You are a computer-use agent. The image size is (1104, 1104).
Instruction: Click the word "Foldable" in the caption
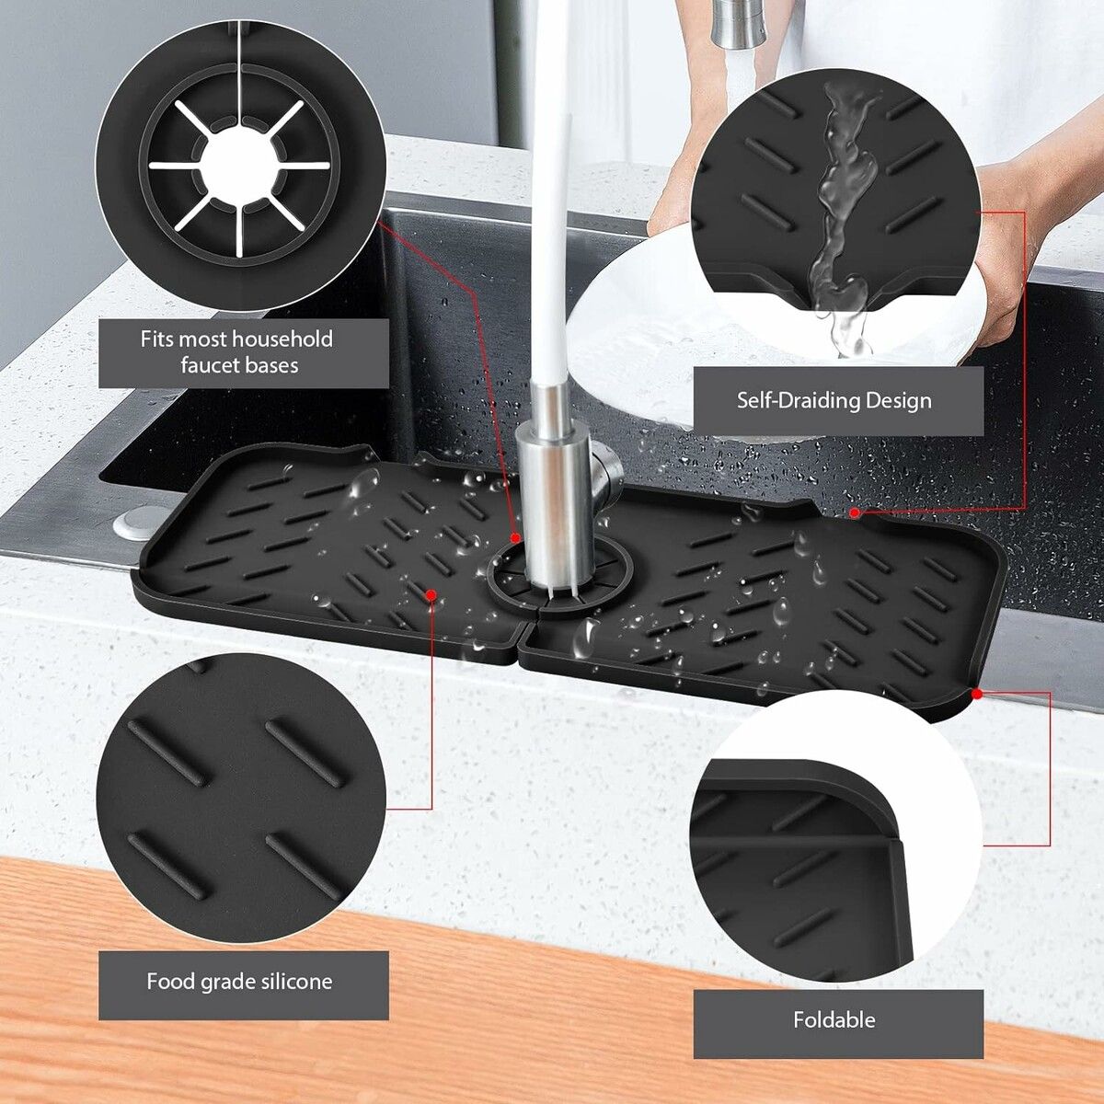pos(834,1019)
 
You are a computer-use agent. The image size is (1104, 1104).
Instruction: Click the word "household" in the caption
pos(282,339)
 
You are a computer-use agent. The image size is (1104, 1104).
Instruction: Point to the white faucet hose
pos(550,230)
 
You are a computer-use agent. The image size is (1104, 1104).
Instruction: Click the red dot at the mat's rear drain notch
pos(854,512)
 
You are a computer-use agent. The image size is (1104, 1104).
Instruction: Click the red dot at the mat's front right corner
pos(976,693)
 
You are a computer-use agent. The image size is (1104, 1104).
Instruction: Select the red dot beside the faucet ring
pos(515,536)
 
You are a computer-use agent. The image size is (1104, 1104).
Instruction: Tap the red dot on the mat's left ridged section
pos(431,596)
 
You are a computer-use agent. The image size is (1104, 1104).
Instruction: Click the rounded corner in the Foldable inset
pos(883,810)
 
